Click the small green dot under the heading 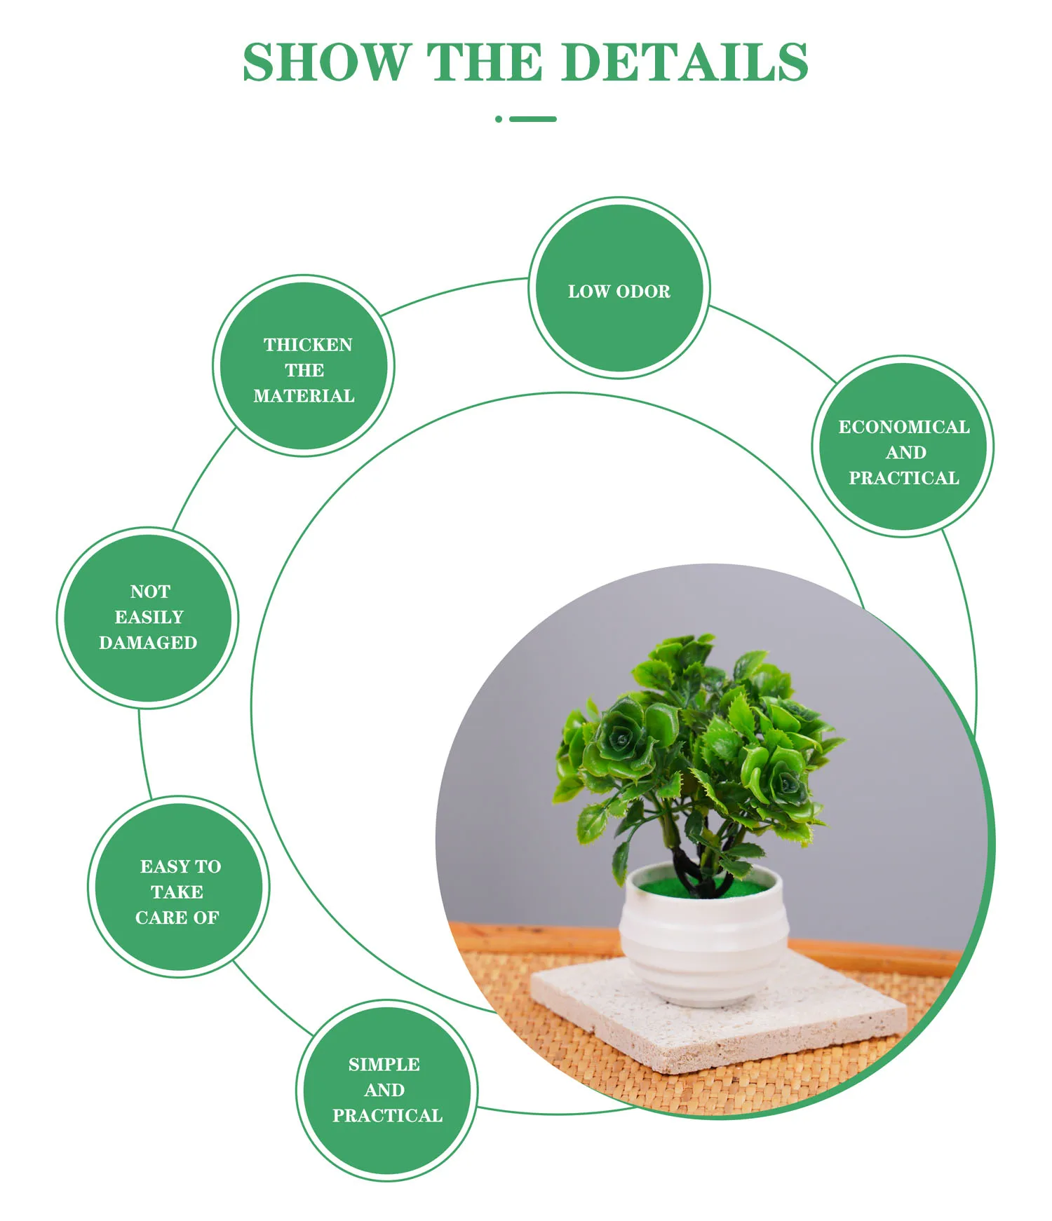(x=499, y=119)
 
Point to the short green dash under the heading (x=533, y=119)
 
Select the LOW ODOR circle (x=619, y=288)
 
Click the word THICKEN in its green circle (x=308, y=345)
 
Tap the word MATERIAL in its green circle (x=304, y=396)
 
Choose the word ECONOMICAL (x=904, y=427)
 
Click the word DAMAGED (x=148, y=643)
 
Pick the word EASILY (x=149, y=617)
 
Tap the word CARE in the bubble (x=161, y=918)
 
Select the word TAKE (x=177, y=892)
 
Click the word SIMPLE (x=384, y=1065)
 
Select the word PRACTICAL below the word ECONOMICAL (x=903, y=478)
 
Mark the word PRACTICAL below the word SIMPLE (x=387, y=1116)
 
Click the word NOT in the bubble (x=150, y=592)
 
